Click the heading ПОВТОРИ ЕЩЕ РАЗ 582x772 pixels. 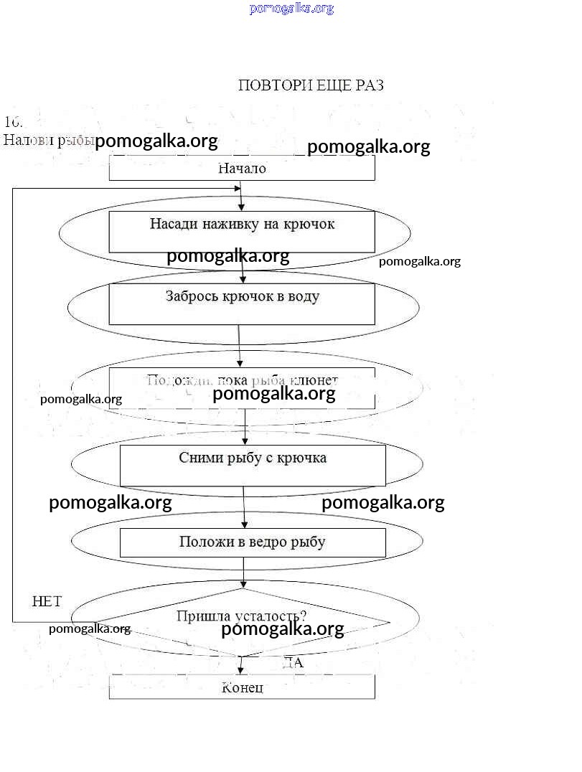[x=311, y=85]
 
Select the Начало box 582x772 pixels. [x=242, y=169]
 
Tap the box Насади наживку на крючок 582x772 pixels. [x=242, y=231]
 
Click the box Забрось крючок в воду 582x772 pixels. [x=242, y=303]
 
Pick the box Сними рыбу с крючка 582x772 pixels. [x=252, y=465]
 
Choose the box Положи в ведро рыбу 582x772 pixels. [x=252, y=542]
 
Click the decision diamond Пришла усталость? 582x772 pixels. [x=242, y=621]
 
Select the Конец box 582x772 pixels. [x=242, y=687]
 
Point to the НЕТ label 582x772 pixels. [x=47, y=602]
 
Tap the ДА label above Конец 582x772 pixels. [x=293, y=663]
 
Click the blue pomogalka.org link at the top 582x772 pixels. [x=291, y=9]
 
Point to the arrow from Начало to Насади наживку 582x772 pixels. [x=242, y=195]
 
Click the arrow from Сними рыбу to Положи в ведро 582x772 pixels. [x=244, y=507]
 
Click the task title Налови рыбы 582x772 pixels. [x=47, y=140]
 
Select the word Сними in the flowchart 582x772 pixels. [x=199, y=458]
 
